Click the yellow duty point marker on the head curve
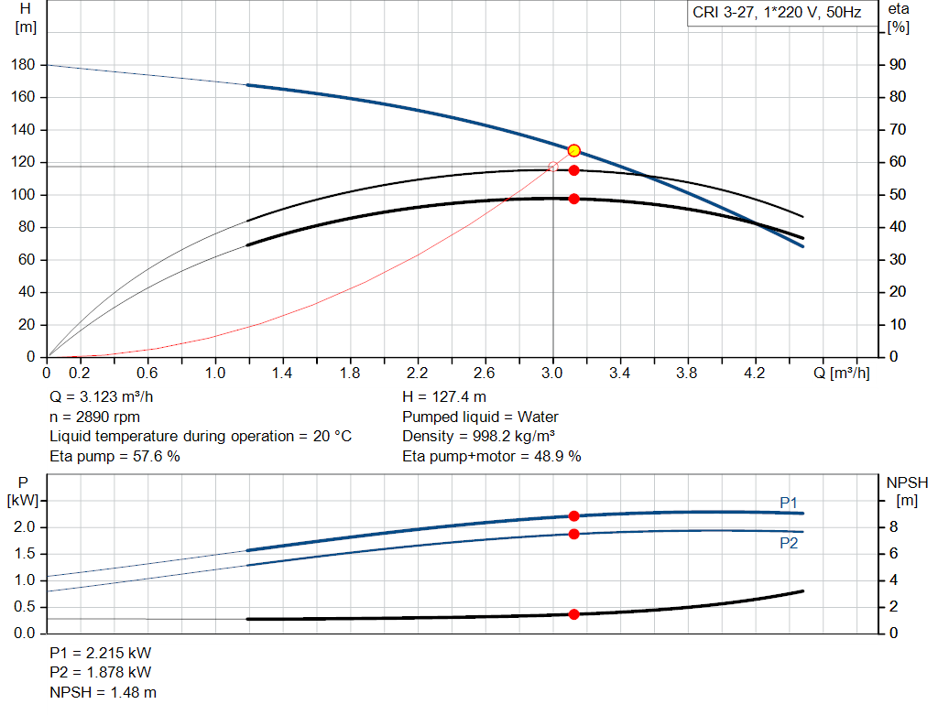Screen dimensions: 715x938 tap(574, 150)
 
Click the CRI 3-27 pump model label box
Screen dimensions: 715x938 tap(776, 14)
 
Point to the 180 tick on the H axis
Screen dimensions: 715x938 tap(25, 65)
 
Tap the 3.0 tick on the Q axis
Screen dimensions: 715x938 tap(552, 374)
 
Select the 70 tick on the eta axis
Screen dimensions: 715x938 tap(898, 130)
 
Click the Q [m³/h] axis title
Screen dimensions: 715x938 tap(840, 374)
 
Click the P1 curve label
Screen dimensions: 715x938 tap(789, 502)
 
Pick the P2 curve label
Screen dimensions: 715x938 tap(789, 543)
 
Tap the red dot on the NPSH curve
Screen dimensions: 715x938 tap(574, 614)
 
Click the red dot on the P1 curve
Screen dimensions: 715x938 tap(574, 516)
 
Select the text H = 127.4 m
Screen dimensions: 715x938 tap(444, 397)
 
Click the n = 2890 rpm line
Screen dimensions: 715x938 tap(95, 417)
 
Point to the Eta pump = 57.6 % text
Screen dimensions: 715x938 tap(115, 455)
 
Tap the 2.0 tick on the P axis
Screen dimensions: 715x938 tap(25, 527)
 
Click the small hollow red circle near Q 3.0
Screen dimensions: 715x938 tap(552, 167)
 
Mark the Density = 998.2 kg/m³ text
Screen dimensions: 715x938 tap(478, 436)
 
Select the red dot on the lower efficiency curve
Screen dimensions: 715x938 tap(574, 199)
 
